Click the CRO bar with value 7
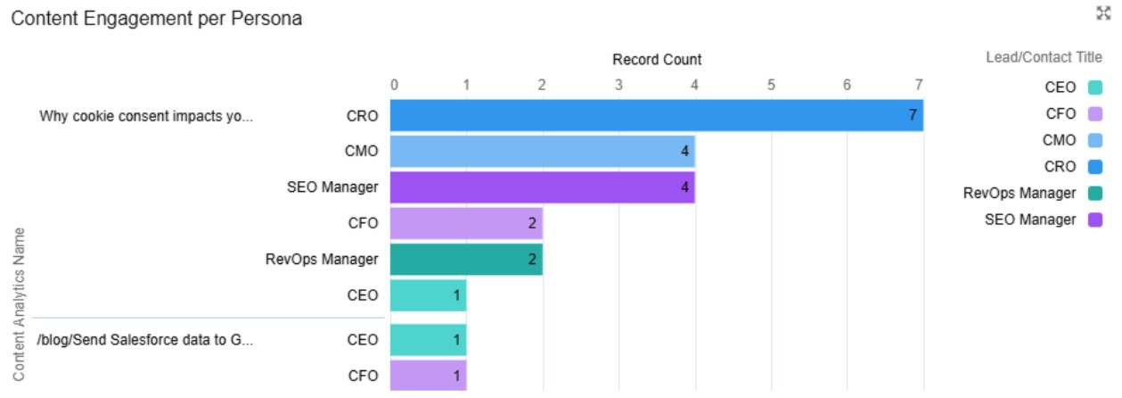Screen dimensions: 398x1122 click(656, 116)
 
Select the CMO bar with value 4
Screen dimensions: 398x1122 click(542, 152)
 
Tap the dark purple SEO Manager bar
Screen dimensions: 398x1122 click(542, 187)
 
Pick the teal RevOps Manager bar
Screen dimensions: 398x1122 click(466, 260)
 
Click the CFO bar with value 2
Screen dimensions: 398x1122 click(466, 223)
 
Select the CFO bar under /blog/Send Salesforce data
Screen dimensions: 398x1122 click(428, 376)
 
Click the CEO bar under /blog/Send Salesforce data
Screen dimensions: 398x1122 click(428, 339)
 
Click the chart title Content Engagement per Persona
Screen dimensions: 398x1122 click(156, 19)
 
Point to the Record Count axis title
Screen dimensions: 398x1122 click(657, 60)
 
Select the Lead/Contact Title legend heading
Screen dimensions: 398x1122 click(1044, 57)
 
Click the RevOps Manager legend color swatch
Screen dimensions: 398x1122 click(1095, 193)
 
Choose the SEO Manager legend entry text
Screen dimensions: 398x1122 click(1029, 220)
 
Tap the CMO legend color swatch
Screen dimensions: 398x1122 click(1095, 140)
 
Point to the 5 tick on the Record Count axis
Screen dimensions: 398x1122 click(771, 85)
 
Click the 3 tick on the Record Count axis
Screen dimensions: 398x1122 click(618, 85)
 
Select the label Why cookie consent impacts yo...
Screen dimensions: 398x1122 click(146, 116)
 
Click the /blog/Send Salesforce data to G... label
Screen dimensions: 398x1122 click(146, 339)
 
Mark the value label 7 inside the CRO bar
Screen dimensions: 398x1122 click(913, 116)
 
